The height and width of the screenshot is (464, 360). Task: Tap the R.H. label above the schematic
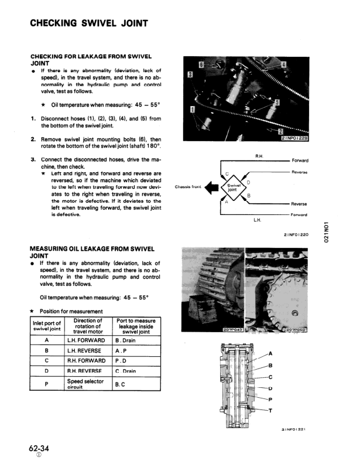[259, 156]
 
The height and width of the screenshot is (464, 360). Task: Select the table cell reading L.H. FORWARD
[85, 340]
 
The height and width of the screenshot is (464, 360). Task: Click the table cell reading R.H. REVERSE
[85, 371]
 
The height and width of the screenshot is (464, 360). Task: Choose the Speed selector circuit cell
[85, 384]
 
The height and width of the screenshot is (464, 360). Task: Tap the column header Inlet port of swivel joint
[46, 325]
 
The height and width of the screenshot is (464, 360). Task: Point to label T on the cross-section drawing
[270, 411]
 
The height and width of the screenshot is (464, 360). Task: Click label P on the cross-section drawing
[270, 400]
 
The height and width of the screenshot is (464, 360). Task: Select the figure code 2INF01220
[295, 234]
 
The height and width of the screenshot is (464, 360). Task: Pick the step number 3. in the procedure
[33, 159]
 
